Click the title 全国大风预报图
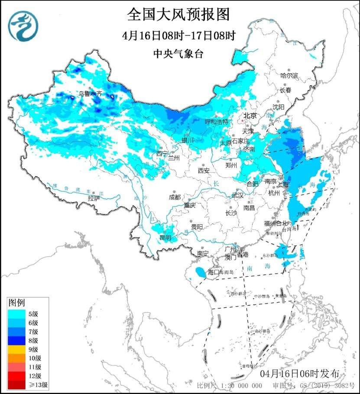[x=178, y=15]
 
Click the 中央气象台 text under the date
[x=178, y=54]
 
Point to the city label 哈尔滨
[x=289, y=76]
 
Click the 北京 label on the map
[x=250, y=116]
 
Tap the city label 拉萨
[x=94, y=198]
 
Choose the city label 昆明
[x=165, y=237]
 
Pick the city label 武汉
[x=238, y=196]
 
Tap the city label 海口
[x=214, y=272]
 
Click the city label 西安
[x=204, y=171]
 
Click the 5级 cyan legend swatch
[x=17, y=314]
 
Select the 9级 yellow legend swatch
[x=17, y=349]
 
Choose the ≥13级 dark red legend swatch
[x=17, y=384]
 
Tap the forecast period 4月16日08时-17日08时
[x=178, y=35]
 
